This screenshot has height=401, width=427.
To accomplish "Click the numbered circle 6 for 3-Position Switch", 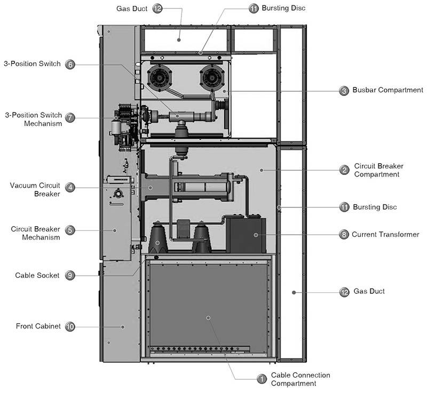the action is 70,65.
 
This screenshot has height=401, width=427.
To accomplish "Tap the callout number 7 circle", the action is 70,117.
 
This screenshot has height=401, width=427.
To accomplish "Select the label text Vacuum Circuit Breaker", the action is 35,190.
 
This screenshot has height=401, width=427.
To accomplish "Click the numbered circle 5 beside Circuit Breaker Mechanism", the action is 70,230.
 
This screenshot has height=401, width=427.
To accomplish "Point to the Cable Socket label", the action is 37,275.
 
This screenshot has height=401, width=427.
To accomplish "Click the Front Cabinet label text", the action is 38,326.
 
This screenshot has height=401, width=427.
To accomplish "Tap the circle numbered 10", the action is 70,326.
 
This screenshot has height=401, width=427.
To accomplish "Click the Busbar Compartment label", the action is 388,90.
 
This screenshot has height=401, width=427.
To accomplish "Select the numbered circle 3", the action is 344,91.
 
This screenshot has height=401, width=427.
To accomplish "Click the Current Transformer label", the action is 385,234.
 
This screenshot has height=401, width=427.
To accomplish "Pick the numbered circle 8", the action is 344,234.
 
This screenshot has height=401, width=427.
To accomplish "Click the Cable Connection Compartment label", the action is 301,379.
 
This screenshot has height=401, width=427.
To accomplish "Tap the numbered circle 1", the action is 262,379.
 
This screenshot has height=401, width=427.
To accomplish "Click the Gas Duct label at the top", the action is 132,9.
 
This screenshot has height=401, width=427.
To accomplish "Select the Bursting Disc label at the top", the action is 283,8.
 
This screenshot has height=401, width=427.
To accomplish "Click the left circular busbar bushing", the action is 159,78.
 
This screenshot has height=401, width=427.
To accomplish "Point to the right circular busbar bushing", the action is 212,78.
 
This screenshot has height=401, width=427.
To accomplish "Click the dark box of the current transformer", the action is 246,235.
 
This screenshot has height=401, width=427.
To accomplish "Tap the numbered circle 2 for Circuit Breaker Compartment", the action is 344,170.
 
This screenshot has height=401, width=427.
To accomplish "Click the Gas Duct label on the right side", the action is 369,291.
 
